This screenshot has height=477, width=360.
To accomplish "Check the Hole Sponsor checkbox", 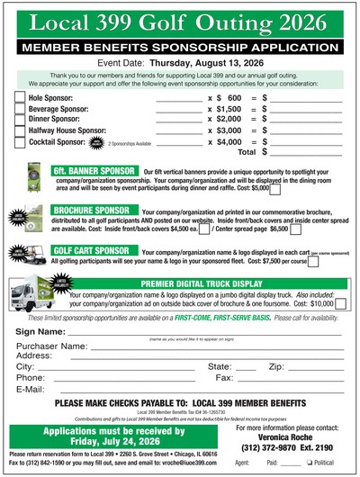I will coord(20,96).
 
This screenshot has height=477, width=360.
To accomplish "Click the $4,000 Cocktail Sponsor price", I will coord(229,141).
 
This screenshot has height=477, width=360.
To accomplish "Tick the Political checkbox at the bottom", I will coord(309,463).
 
